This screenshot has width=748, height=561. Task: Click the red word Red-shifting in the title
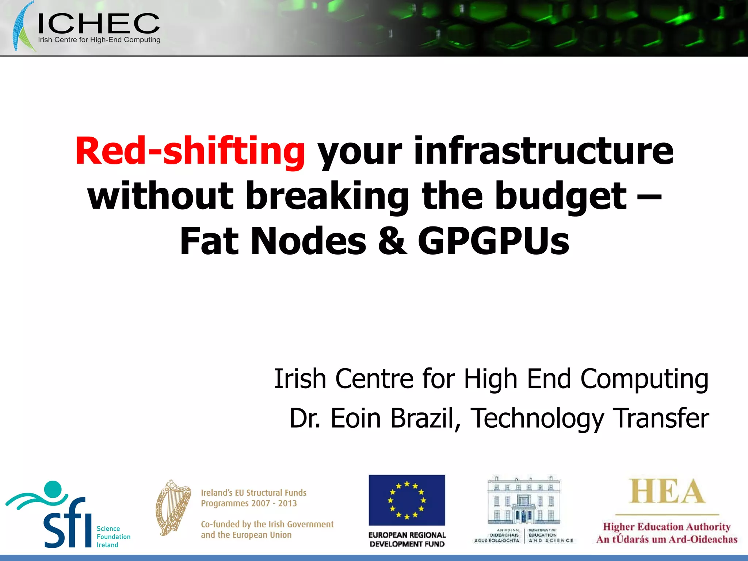190,151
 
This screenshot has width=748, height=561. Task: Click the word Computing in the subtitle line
644,379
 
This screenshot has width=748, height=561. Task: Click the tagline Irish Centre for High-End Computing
99,40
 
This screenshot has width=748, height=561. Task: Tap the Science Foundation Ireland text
113,537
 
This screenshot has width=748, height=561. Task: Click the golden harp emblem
173,508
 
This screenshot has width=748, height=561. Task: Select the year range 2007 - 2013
278,503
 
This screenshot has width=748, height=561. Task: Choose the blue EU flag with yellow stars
407,500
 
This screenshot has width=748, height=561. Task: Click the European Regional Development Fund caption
407,539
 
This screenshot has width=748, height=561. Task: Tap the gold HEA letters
667,492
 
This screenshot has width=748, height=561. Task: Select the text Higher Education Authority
667,527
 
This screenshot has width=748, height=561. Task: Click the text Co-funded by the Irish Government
267,524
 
